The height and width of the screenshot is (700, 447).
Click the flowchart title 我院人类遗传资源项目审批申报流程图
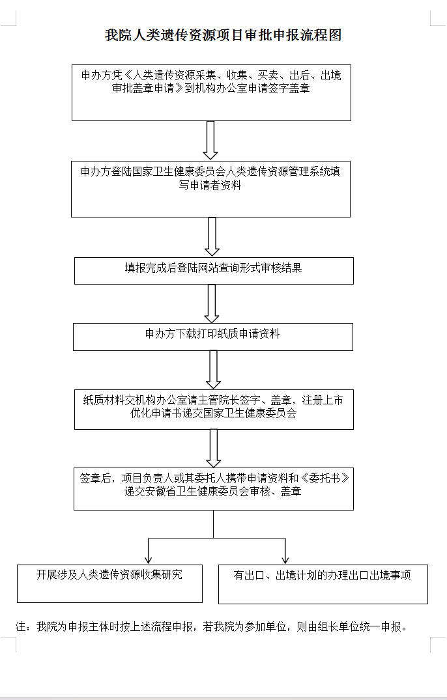pos(223,35)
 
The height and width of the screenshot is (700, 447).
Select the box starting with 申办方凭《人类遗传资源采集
pos(211,92)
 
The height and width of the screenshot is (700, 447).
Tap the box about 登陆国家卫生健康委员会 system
pos(210,189)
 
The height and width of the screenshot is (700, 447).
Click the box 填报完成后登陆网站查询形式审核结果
pos(214,271)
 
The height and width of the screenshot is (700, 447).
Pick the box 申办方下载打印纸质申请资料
pos(213,337)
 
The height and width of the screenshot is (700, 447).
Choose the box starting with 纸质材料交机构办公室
pos(214,410)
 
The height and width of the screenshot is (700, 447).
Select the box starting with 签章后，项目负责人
pos(214,489)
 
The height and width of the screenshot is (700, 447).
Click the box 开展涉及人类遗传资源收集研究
pos(110,584)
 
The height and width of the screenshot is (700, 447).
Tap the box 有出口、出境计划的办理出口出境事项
pos(323,584)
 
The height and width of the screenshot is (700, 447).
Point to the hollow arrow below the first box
pos(210,140)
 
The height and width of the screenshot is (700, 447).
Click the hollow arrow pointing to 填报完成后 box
pos(212,236)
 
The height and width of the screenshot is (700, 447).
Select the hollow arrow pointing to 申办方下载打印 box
pos(211,303)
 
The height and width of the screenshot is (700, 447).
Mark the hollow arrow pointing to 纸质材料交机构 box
pos(213,370)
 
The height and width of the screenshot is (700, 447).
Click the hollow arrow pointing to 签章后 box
pos(214,448)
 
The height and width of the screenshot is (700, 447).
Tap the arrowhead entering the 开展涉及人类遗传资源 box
pos(149,560)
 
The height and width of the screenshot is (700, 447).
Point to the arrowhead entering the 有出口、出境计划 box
pos(285,560)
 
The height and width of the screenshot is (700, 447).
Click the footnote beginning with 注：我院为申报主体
pos(212,627)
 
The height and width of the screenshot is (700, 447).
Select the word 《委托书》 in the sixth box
pos(325,478)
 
